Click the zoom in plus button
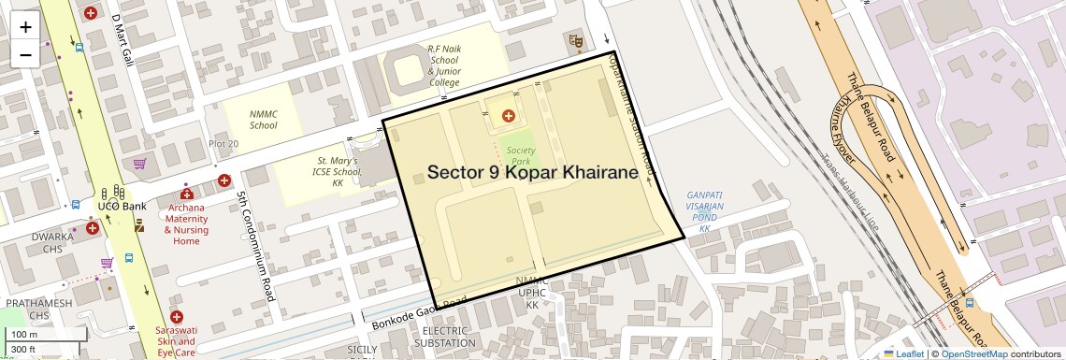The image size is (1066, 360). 25,26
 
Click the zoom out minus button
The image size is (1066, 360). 25,54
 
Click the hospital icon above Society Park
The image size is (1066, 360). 508,116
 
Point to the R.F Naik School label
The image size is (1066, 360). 444,65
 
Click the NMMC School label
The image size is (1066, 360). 263,120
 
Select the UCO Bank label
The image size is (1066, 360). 122,206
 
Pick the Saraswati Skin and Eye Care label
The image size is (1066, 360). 176,341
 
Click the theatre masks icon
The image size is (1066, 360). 575,40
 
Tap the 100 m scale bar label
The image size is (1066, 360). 24,334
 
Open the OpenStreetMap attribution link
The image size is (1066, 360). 973,353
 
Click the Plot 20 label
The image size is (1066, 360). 223,143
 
